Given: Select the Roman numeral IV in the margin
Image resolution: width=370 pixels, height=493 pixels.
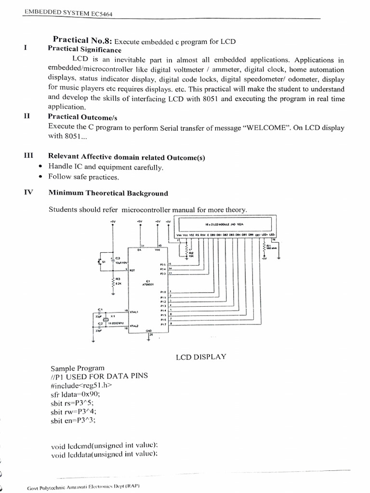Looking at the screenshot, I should point(28,193).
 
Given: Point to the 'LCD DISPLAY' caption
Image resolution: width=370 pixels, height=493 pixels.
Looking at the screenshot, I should point(201,357).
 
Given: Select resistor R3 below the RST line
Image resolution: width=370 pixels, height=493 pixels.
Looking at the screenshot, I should point(114,282).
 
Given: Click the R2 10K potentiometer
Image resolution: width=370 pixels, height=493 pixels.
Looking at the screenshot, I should point(185,252).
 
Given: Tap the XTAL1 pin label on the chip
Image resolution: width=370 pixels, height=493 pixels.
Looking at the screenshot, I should point(134,312).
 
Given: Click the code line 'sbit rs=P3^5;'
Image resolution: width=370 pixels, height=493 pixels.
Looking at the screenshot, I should point(73,403).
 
